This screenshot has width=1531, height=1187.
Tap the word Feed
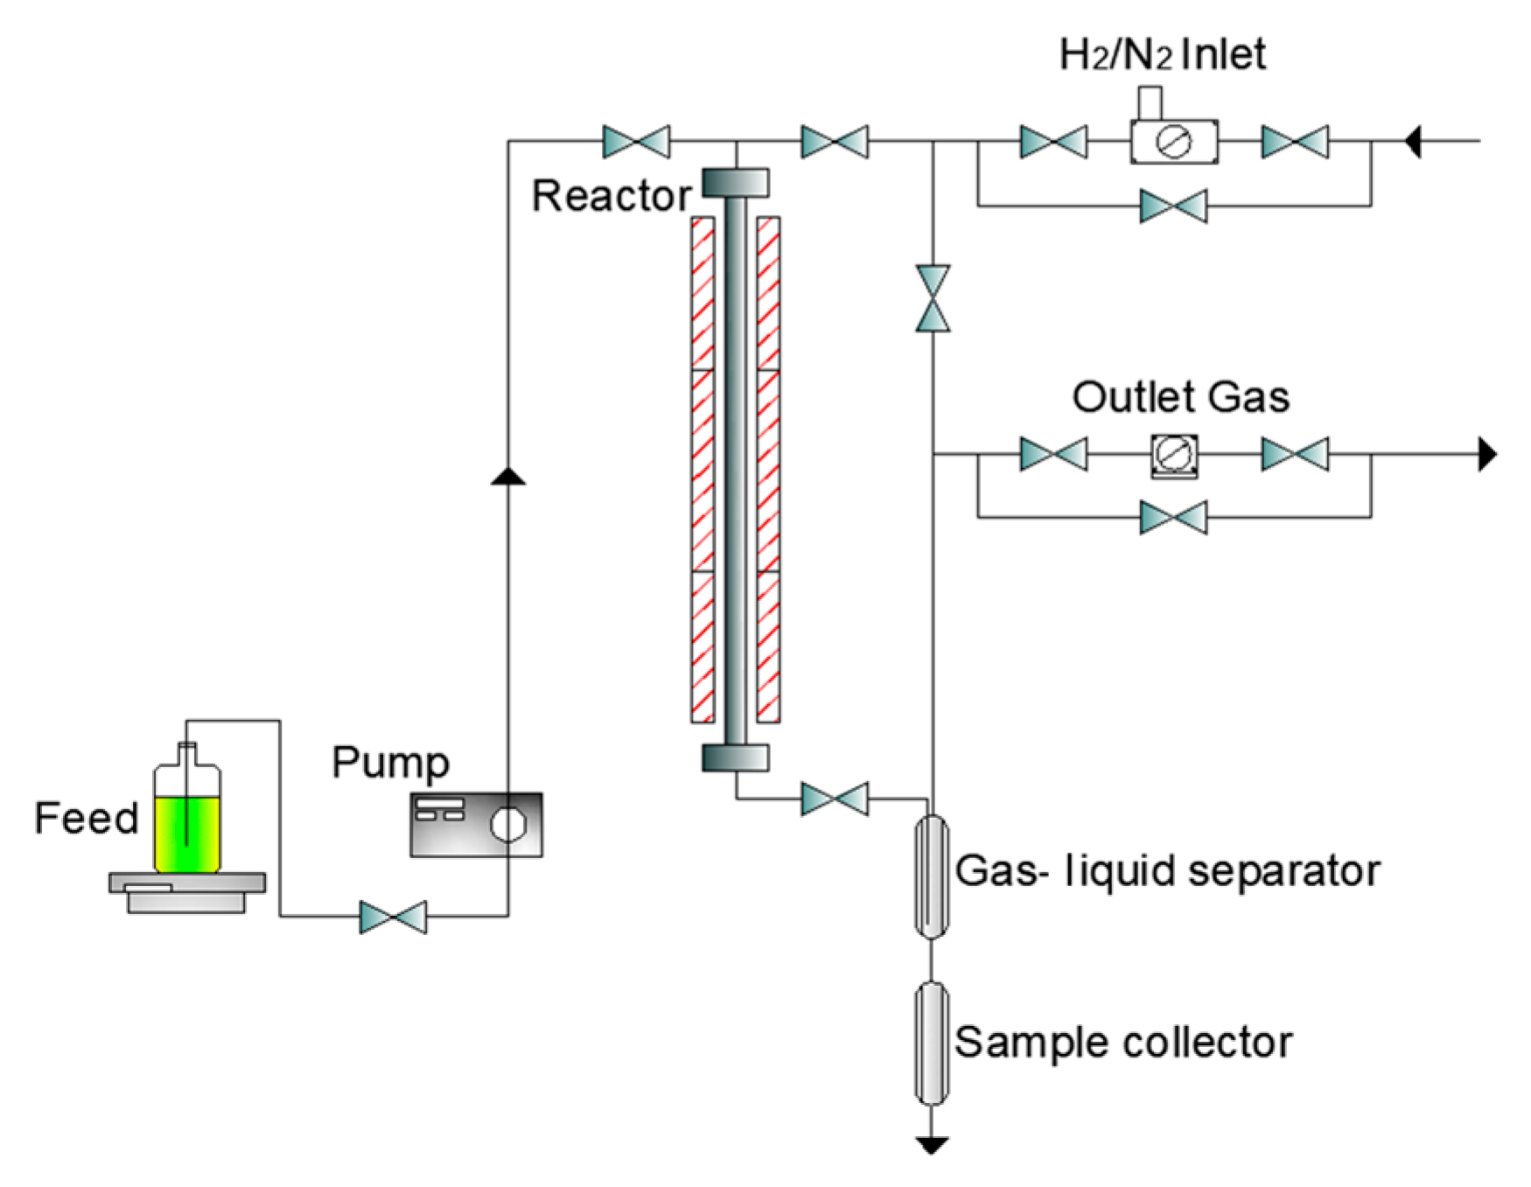click(x=86, y=819)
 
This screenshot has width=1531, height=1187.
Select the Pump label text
click(x=390, y=763)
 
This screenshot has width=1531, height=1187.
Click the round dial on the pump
click(x=507, y=824)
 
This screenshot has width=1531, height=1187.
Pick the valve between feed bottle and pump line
click(x=393, y=917)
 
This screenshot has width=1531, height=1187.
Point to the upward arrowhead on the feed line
click(x=508, y=476)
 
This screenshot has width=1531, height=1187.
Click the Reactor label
click(x=611, y=195)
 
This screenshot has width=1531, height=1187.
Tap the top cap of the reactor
click(x=736, y=183)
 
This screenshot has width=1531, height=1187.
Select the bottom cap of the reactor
click(x=736, y=758)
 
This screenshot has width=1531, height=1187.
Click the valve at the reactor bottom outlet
click(x=835, y=799)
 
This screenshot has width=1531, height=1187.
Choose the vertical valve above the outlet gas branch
click(x=933, y=298)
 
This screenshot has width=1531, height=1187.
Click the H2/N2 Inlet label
click(x=1162, y=54)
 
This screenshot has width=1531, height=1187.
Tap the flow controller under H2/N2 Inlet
click(x=1173, y=141)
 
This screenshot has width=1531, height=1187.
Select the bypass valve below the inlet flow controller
click(x=1173, y=206)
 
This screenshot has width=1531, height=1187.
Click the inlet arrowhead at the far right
click(x=1412, y=140)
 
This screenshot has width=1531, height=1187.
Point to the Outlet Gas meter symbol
click(x=1173, y=455)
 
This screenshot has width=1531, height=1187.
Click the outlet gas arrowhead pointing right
click(x=1486, y=454)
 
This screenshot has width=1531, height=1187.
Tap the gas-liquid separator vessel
click(x=932, y=876)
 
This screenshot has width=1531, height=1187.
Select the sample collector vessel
click(x=932, y=1043)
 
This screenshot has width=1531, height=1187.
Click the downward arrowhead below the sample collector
click(x=932, y=1144)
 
